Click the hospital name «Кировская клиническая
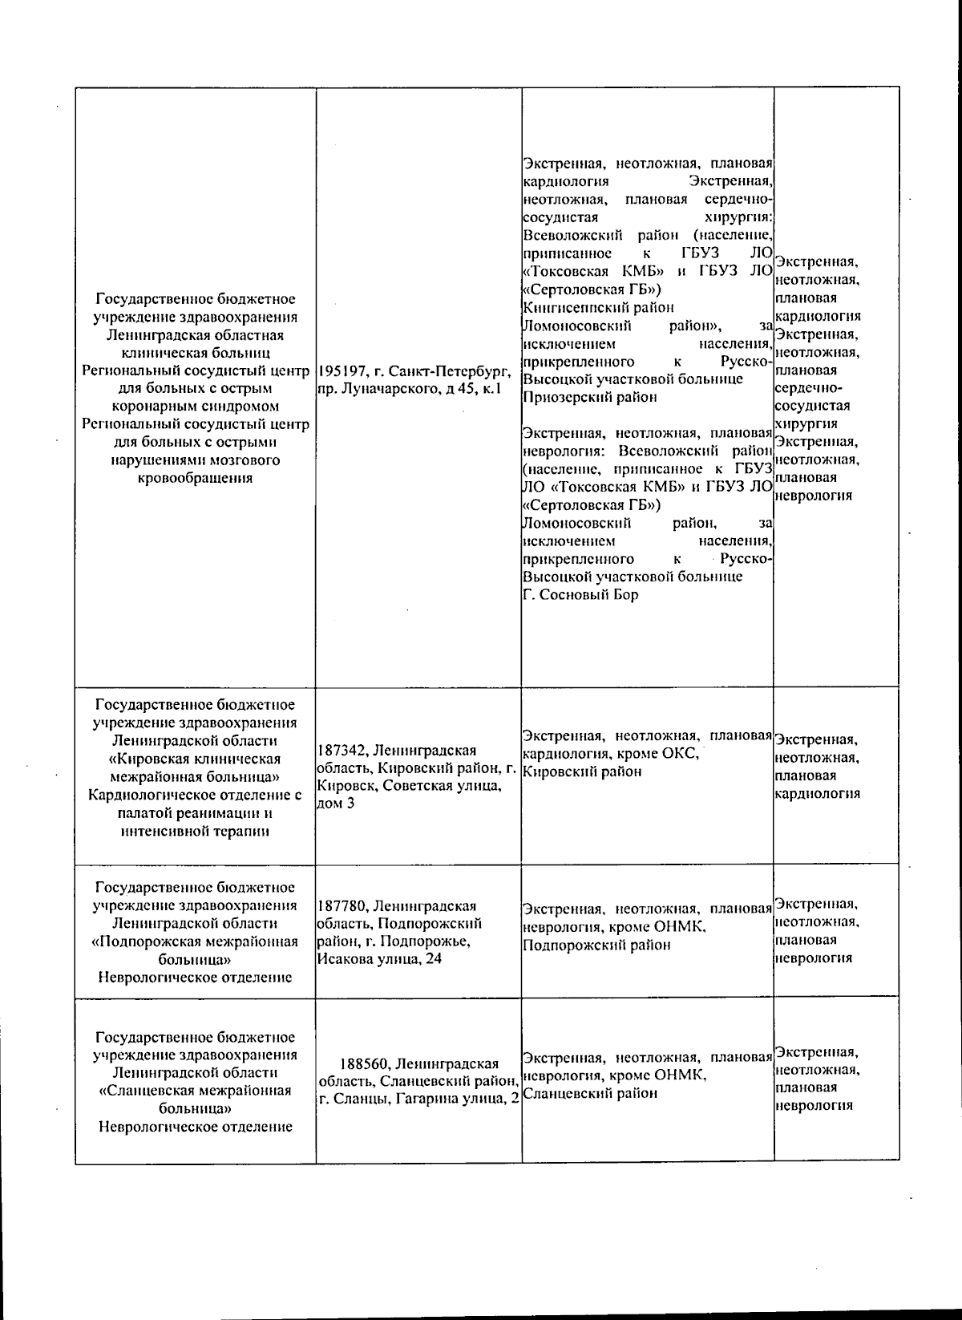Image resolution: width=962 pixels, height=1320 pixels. [x=195, y=759]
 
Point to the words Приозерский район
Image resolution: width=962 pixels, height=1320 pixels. [x=578, y=397]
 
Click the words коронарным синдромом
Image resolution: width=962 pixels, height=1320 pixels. [x=195, y=406]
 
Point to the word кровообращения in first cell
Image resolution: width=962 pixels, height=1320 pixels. [x=195, y=478]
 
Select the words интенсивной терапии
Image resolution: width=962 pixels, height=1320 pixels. [x=195, y=831]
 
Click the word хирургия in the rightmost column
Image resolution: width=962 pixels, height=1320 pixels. [x=806, y=423]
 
